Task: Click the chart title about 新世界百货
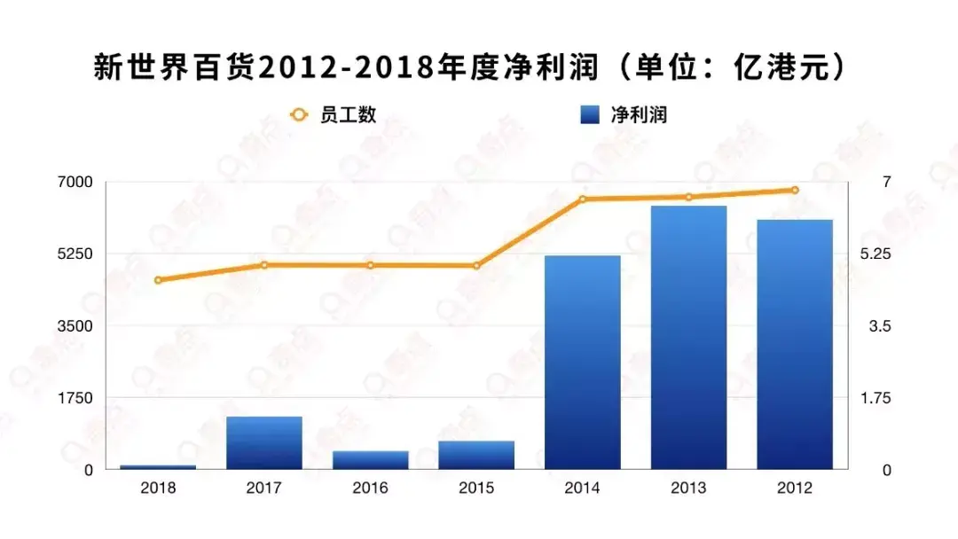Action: [469, 68]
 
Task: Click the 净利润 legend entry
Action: [621, 114]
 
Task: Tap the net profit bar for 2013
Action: [688, 337]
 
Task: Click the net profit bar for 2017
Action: [264, 442]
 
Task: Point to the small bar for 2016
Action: [370, 459]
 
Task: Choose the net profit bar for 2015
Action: [476, 455]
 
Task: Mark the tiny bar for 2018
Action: [158, 466]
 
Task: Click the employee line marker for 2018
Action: [158, 280]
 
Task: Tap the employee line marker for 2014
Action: [583, 199]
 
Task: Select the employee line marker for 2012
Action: [795, 190]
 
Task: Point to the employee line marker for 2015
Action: [476, 265]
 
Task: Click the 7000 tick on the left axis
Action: [75, 182]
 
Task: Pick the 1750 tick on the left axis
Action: [75, 397]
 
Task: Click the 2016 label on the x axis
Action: [370, 488]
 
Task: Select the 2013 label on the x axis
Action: [688, 488]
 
